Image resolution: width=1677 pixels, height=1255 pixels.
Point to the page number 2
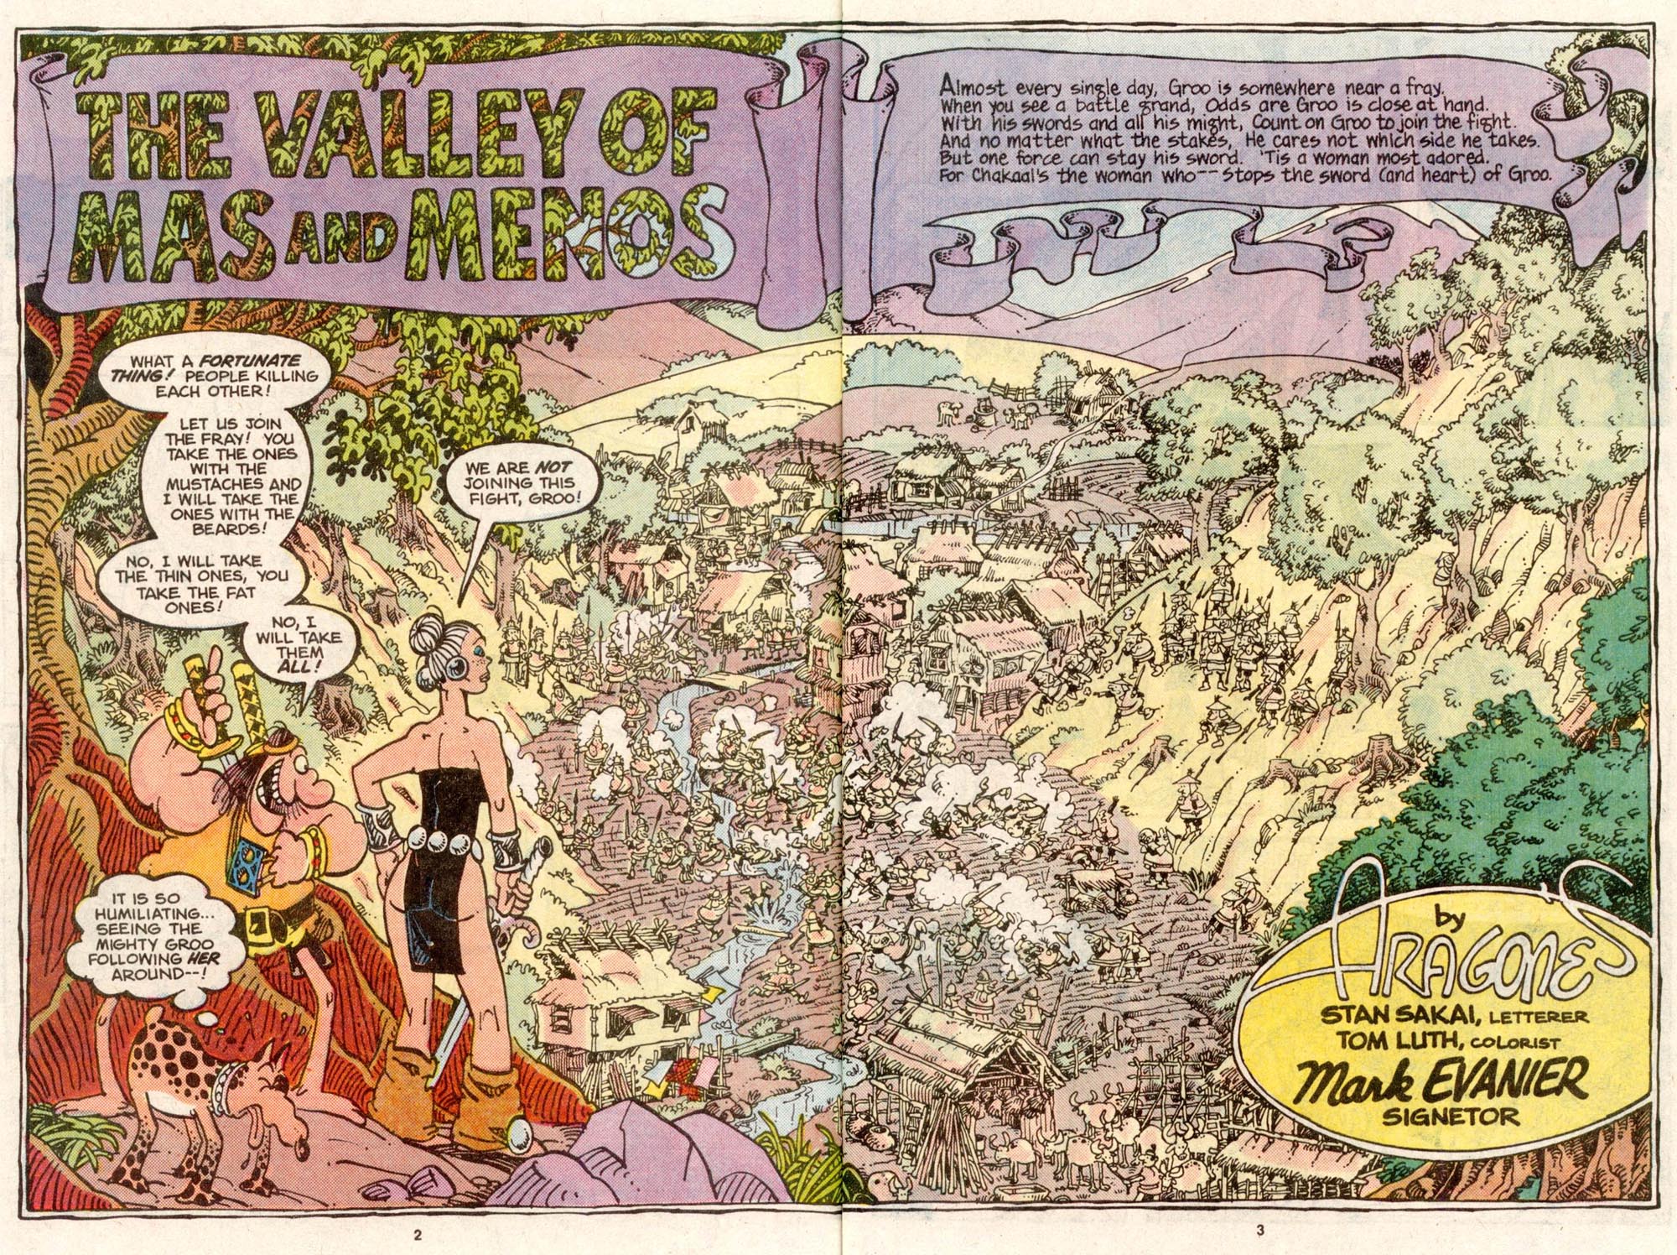point(416,1233)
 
